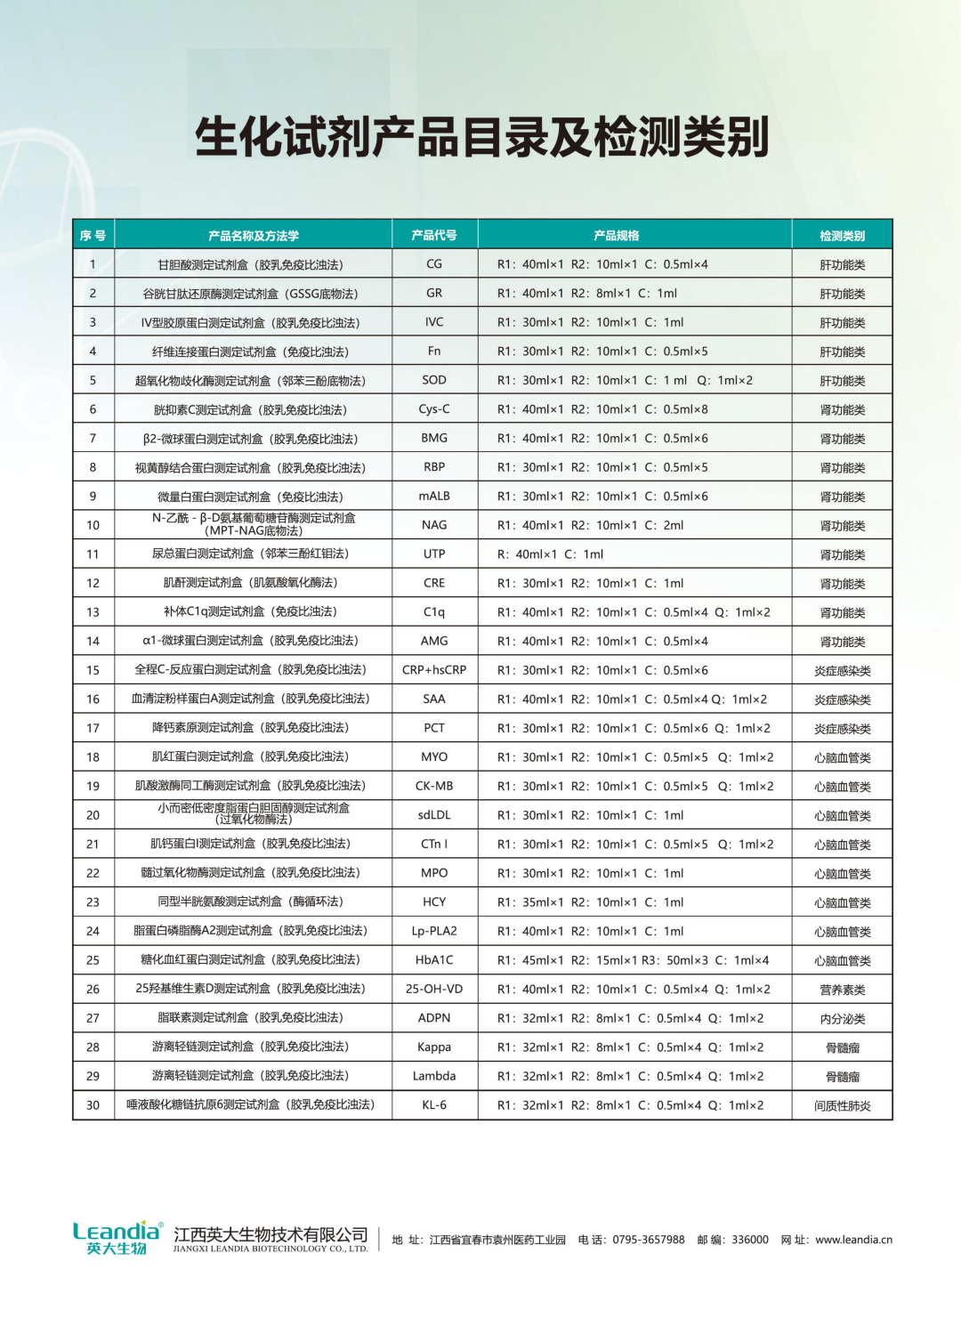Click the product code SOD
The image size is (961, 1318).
point(434,380)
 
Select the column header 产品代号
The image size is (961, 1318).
point(434,235)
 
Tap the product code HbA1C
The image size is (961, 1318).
point(434,959)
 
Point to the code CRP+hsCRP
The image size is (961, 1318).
point(434,669)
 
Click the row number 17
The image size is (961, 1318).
point(93,728)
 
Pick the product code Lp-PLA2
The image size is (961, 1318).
point(434,931)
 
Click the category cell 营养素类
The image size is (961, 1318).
point(842,990)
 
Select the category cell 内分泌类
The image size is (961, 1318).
point(842,1018)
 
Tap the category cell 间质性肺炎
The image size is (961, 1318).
point(842,1105)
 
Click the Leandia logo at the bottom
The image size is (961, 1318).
point(117,1238)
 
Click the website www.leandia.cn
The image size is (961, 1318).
point(853,1240)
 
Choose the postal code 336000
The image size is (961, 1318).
point(750,1240)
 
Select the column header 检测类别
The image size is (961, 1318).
point(842,236)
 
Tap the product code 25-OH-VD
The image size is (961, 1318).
point(434,989)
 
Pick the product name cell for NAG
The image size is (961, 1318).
point(254,524)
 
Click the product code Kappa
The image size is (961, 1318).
point(434,1047)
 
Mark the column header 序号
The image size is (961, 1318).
point(93,236)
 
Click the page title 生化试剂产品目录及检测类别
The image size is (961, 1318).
point(481,137)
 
